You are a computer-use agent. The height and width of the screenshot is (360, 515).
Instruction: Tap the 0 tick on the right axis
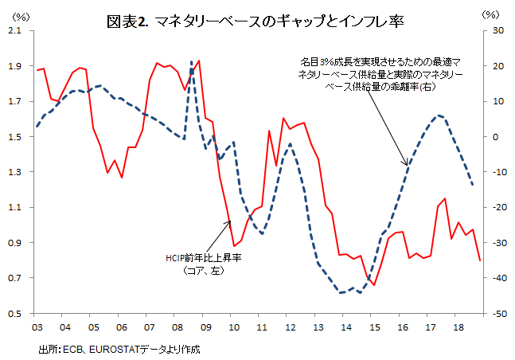point(494,136)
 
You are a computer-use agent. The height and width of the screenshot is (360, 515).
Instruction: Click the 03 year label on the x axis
point(37,327)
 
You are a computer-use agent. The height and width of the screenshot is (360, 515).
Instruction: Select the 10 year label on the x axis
point(232,327)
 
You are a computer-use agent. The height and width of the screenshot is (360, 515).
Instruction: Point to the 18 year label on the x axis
point(457,327)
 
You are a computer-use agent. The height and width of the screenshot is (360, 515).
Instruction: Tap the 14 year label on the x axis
point(345,327)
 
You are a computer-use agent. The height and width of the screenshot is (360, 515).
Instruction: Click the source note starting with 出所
point(119,349)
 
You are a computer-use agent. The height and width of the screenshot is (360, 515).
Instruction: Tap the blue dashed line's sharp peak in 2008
point(192,61)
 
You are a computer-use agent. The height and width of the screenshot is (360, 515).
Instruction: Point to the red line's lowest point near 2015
point(373,285)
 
